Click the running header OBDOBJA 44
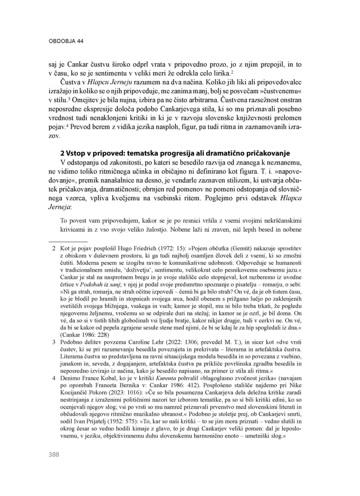click(x=66, y=41)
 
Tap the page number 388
click(x=54, y=455)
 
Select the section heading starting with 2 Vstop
click(x=175, y=153)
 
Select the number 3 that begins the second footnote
click(x=54, y=341)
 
